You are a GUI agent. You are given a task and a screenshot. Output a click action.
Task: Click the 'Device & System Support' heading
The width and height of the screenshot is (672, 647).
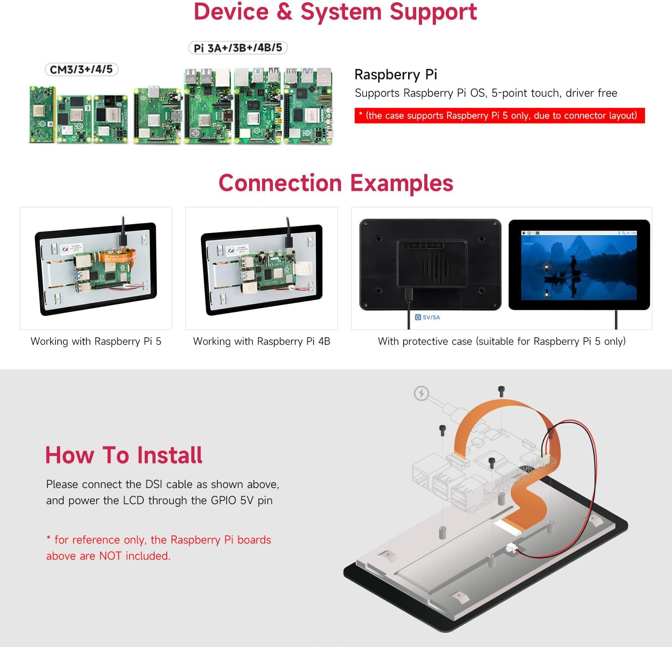tap(335, 12)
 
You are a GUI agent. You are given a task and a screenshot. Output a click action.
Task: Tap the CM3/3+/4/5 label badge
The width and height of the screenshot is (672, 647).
tap(81, 69)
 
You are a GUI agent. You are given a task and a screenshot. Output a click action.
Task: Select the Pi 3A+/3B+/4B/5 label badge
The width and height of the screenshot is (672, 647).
tap(238, 47)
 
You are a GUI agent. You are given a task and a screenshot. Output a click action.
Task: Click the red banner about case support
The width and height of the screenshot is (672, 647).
tap(499, 116)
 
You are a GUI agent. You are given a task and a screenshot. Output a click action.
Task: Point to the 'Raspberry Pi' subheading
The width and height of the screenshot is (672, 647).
tap(396, 74)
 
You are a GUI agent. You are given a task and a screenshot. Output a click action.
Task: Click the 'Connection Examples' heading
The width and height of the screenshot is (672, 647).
tap(336, 183)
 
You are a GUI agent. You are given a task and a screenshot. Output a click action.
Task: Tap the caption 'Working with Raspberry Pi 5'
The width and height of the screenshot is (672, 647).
tap(96, 341)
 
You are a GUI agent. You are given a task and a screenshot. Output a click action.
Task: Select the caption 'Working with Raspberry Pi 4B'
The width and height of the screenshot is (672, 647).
tap(261, 341)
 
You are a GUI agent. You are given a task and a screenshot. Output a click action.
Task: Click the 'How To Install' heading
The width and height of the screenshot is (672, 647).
tap(124, 455)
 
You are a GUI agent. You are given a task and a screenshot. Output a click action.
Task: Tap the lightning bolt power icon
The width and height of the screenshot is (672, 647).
tap(421, 394)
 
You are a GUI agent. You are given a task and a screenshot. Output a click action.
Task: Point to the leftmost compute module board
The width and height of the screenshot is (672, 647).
tap(42, 114)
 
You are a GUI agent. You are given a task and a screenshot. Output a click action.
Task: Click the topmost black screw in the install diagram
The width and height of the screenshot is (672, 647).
tap(501, 391)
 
